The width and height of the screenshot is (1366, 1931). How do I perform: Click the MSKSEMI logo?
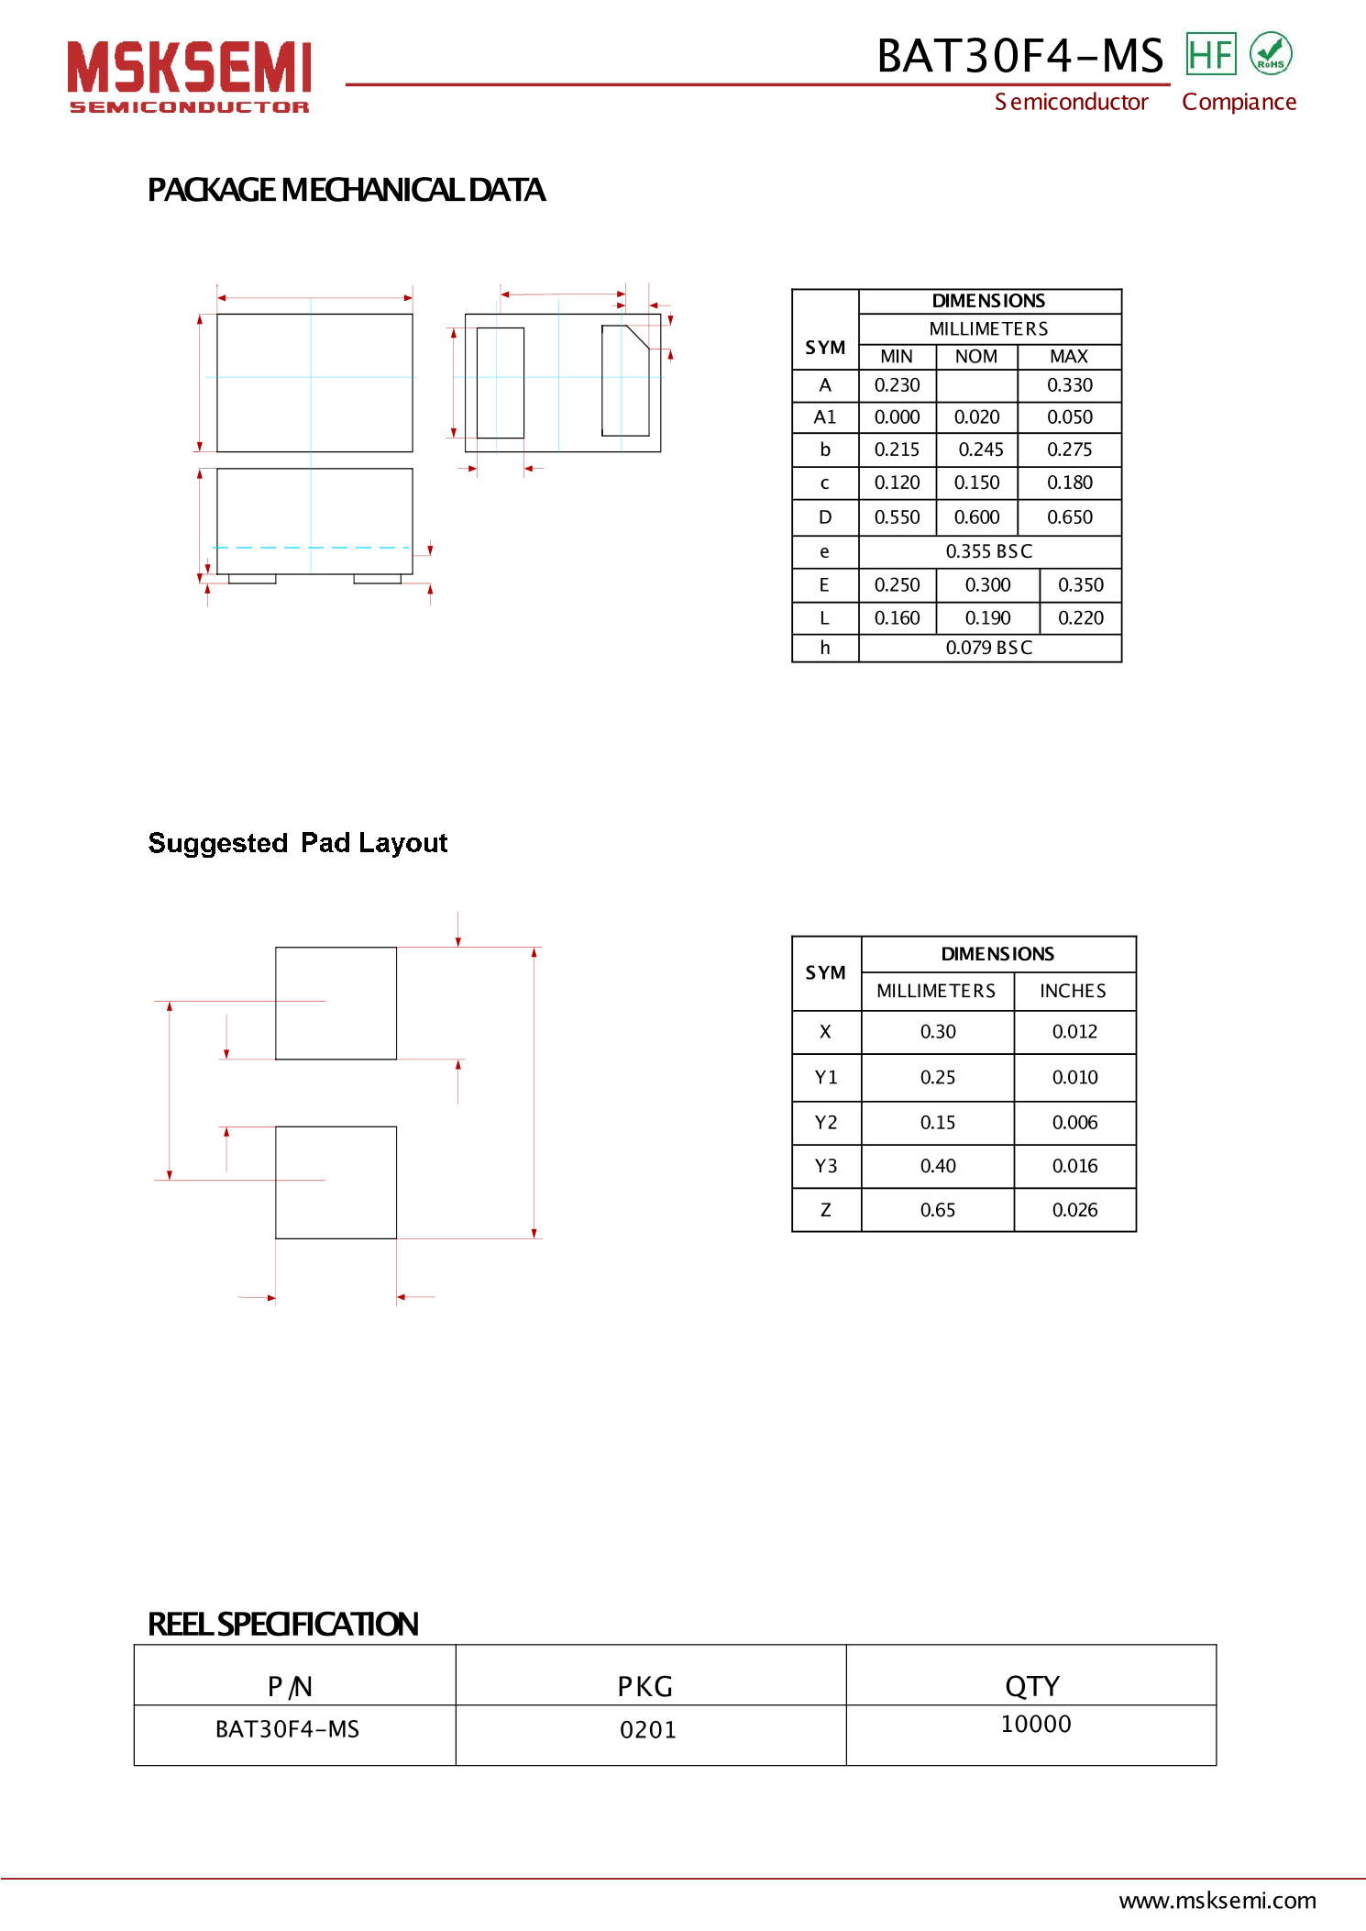tap(189, 76)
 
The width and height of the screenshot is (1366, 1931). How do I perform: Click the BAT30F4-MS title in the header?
tap(1019, 56)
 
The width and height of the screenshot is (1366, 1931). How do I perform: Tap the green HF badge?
tap(1210, 54)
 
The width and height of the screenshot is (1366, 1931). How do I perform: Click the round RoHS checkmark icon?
tap(1271, 53)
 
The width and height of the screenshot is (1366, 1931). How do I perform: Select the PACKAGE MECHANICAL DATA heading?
tap(346, 190)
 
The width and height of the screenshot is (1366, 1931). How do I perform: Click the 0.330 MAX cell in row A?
tap(1070, 385)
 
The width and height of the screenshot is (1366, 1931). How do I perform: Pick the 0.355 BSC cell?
tap(988, 551)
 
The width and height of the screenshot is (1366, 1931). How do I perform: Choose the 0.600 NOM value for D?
tap(976, 517)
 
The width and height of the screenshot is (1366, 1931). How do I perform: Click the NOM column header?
tap(976, 356)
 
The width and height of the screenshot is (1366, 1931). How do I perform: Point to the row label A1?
tap(824, 417)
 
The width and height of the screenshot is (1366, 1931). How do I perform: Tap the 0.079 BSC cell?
tap(988, 648)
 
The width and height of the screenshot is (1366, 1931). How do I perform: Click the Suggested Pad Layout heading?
tap(297, 842)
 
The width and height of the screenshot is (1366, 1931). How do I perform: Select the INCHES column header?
tap(1073, 991)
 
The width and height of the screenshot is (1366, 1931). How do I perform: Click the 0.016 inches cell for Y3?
tap(1074, 1166)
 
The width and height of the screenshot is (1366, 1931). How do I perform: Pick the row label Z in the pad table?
tap(825, 1210)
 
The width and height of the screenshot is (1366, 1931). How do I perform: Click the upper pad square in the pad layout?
tap(336, 1003)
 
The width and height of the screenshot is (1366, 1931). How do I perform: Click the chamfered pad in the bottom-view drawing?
tap(624, 381)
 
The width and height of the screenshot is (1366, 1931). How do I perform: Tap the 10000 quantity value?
tap(1035, 1724)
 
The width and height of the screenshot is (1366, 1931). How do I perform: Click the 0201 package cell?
tap(648, 1730)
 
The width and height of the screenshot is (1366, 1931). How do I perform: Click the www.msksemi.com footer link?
tap(1217, 1900)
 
